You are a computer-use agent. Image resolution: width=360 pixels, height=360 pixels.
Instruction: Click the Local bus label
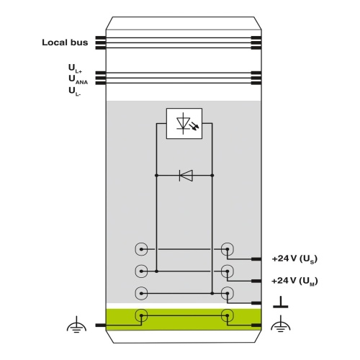65,42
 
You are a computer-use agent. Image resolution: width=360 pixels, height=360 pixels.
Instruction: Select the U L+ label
75,68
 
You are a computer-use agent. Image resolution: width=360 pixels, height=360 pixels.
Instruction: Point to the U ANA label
78,80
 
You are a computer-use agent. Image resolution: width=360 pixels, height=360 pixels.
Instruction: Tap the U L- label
75,91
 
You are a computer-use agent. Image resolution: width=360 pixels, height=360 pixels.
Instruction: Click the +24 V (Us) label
294,258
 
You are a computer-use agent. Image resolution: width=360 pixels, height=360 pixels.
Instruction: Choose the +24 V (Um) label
294,281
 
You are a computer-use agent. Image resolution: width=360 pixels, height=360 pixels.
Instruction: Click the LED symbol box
184,123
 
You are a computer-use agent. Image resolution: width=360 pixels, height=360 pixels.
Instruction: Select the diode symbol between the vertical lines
186,176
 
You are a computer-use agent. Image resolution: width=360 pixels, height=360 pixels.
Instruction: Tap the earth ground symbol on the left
76,324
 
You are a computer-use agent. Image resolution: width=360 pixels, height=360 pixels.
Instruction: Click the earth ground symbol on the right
281,324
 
